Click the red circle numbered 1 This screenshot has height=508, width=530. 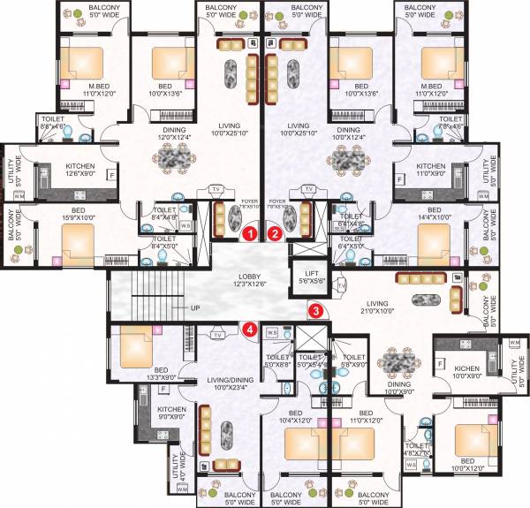250,234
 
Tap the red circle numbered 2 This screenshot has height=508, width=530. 275,234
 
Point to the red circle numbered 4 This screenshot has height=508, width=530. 251,330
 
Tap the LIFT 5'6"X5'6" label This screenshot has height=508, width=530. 309,277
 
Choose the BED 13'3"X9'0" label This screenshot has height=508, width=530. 160,374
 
